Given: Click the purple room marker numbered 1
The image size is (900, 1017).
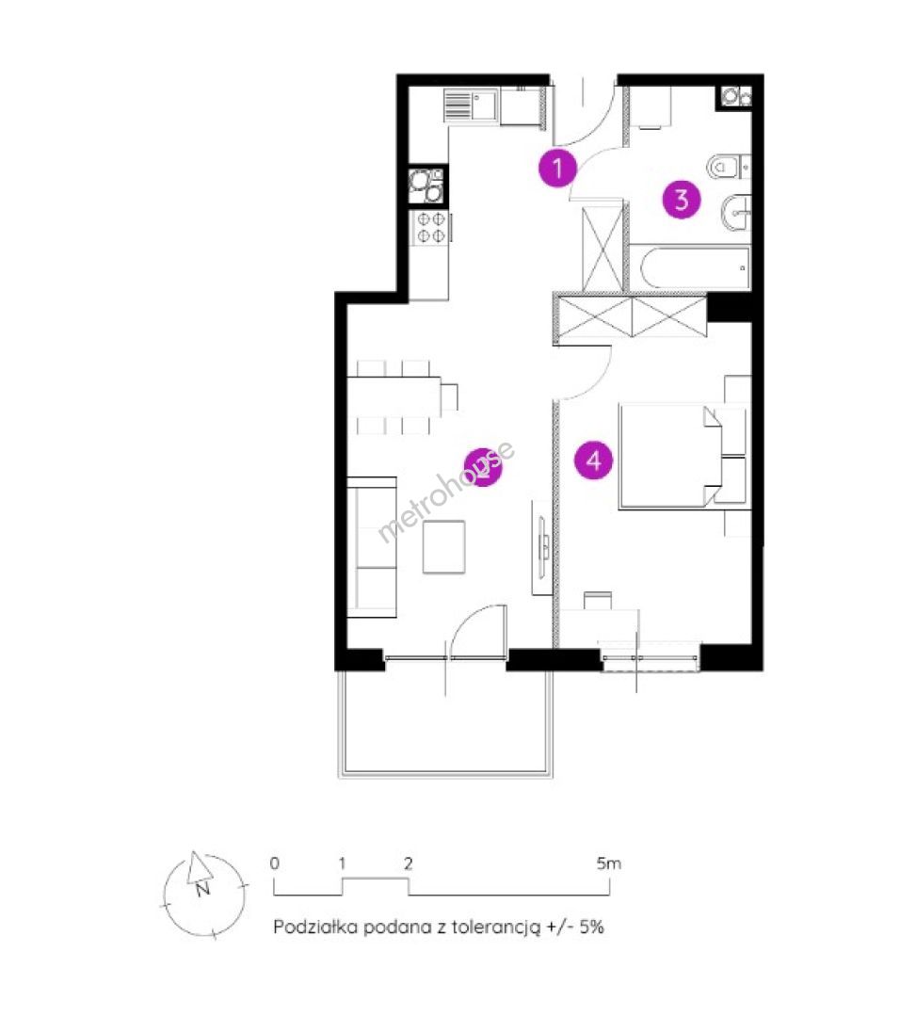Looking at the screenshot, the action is coord(557,169).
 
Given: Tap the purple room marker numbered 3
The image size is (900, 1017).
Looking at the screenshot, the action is coord(682,199).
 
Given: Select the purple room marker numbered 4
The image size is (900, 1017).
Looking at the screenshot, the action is coord(594,460).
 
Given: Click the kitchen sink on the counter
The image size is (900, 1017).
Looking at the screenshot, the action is coord(471,105).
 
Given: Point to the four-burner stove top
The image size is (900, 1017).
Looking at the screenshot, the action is coord(430,228).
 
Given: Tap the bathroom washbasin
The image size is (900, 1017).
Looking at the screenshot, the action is coord(736,212).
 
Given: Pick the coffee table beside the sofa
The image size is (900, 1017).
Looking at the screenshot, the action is coord(444,547).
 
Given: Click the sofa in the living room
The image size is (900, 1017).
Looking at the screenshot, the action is coord(372,547).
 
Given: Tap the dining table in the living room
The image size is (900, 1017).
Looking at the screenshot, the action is coord(394,397).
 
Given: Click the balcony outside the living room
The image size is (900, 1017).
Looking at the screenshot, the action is coord(445,723).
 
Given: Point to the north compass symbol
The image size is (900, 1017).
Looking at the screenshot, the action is coord(204,896).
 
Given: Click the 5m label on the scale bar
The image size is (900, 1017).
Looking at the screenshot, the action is coord(609,864).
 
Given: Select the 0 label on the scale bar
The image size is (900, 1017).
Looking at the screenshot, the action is coord(274,864).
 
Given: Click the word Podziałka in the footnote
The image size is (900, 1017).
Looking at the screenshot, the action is coord(315,927).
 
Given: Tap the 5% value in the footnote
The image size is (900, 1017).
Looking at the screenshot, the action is coord(591,927).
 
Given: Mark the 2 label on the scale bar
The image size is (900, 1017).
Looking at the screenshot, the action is coord(408,864).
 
